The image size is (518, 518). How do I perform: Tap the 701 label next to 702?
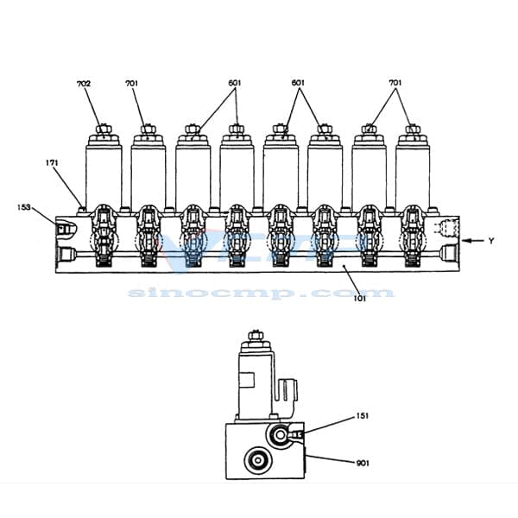tap(131, 84)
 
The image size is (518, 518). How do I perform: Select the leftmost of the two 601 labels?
tap(236, 84)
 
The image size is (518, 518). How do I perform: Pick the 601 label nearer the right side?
tap(299, 84)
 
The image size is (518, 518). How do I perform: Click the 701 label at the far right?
tap(395, 84)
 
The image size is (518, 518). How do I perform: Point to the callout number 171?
tap(52, 161)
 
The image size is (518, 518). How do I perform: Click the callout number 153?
tap(24, 206)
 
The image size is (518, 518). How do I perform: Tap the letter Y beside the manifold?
tap(490, 241)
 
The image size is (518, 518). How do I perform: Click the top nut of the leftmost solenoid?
tap(104, 131)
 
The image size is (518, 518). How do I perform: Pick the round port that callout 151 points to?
tap(281, 433)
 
